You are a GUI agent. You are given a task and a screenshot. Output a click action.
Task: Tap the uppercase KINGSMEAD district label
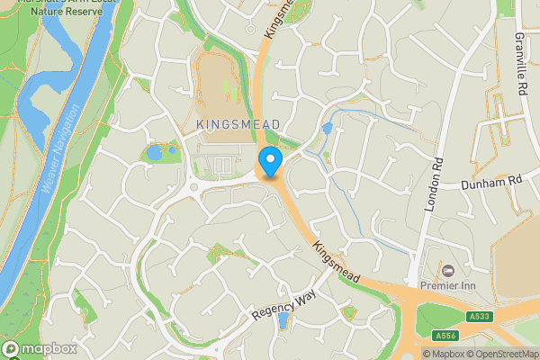click(238, 123)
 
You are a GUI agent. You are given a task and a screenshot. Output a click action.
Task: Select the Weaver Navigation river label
click(60, 148)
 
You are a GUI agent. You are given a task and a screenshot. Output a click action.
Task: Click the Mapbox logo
click(39, 348)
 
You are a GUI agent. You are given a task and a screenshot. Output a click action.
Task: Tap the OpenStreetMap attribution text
click(504, 354)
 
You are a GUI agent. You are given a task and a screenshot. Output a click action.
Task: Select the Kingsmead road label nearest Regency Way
click(337, 263)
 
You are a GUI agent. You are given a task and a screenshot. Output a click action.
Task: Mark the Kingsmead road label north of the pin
click(278, 18)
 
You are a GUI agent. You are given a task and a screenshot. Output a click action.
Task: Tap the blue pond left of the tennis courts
click(154, 152)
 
